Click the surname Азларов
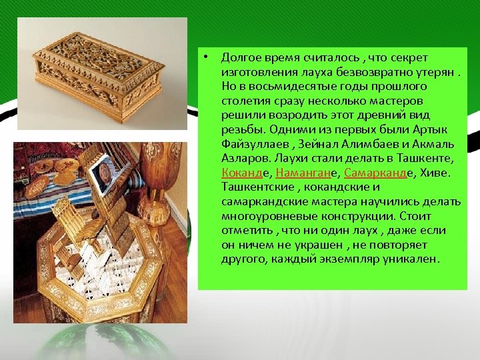pyautogui.click(x=243, y=159)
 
